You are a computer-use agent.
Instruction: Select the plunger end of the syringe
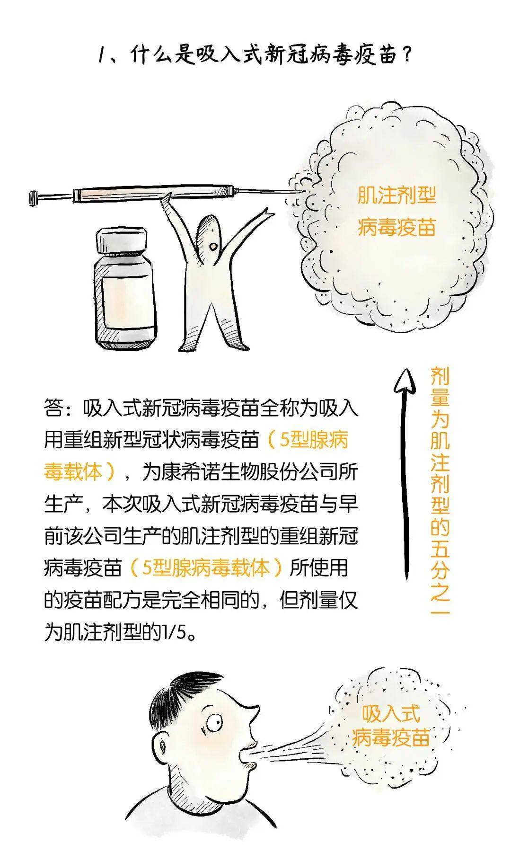click(x=33, y=197)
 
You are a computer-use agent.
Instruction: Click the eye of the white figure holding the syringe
click(x=213, y=247)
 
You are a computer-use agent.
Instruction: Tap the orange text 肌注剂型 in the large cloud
click(x=396, y=195)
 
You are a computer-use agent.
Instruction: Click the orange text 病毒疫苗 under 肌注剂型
click(x=396, y=227)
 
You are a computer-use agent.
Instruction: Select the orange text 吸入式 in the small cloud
click(x=391, y=714)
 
